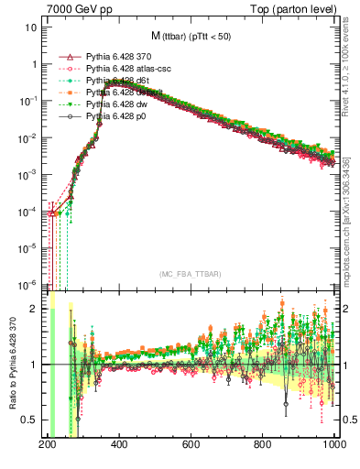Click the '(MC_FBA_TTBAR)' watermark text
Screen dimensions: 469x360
point(191,275)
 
